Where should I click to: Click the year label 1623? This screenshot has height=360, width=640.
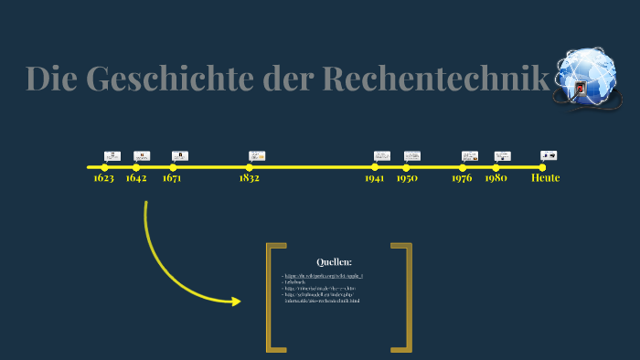tap(103, 178)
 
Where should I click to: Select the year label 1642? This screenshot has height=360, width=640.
tap(136, 178)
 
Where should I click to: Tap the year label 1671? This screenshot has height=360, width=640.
tap(172, 178)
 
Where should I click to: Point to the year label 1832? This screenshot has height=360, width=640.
tap(249, 178)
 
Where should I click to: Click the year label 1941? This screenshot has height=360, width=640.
tap(374, 178)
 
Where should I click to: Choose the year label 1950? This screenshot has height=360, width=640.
tap(407, 178)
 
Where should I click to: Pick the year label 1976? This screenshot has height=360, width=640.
tap(462, 178)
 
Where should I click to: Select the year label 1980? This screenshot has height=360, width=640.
tap(496, 178)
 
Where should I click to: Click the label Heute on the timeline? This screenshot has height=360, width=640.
tap(545, 178)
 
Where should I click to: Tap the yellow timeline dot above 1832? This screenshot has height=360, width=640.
tap(249, 167)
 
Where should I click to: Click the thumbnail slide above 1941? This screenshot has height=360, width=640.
tap(381, 156)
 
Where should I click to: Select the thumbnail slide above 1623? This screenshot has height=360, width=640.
tap(112, 156)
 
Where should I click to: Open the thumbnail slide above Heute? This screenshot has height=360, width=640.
tap(549, 156)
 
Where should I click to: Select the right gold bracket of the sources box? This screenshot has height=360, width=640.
tap(401, 297)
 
